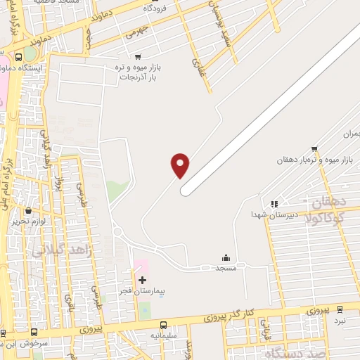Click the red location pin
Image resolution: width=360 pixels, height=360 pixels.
(x=180, y=165)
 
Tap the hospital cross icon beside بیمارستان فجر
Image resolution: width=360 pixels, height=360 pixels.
(x=143, y=280)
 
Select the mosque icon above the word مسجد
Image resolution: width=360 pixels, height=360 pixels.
(x=226, y=257)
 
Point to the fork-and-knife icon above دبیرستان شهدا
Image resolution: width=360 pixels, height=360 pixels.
(x=274, y=204)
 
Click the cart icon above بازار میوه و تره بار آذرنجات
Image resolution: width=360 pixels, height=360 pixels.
(x=137, y=56)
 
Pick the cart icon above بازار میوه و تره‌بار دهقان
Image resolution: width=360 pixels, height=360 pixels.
(x=314, y=148)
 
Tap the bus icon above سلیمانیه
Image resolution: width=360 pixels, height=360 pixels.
(x=164, y=326)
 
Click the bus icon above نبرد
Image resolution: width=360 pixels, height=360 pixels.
(x=340, y=309)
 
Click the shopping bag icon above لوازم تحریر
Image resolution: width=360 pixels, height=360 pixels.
(x=28, y=210)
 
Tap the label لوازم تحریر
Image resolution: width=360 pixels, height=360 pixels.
(x=28, y=221)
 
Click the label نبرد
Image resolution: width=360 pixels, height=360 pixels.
(x=340, y=321)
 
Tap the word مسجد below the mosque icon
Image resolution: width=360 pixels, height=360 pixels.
(x=226, y=269)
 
